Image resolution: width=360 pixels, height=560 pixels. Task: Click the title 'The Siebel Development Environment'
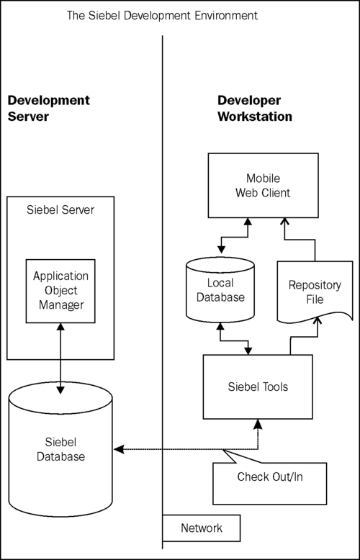pos(161,14)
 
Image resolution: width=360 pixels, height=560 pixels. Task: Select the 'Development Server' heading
pos(48,109)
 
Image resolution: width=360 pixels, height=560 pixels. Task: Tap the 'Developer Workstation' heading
pos(254,109)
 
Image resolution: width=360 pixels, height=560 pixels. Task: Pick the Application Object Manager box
pos(60,291)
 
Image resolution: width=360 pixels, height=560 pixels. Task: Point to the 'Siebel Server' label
pos(60,209)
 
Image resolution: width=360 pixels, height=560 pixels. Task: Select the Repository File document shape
pos(314,291)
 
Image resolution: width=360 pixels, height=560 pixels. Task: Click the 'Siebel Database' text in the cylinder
pos(60,448)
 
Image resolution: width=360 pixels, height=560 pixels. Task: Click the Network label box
pos(201,528)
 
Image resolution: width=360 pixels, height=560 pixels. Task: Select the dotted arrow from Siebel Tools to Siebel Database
pos(187,450)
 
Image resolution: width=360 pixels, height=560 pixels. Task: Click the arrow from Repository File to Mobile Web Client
pos(299,241)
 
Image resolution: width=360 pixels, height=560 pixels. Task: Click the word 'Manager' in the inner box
pos(60,304)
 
